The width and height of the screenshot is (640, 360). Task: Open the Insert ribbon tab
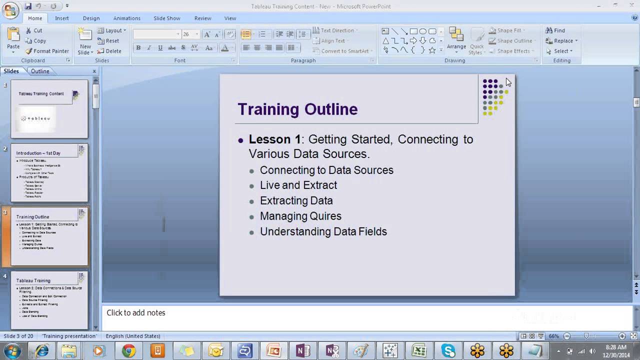coord(62,18)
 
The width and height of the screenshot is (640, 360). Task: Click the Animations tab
coord(126,18)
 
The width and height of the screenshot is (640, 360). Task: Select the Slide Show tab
coord(166,18)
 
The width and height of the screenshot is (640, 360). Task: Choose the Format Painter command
coord(47,51)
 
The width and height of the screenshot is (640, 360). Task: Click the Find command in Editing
coord(555,30)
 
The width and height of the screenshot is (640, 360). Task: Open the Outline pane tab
coord(40,71)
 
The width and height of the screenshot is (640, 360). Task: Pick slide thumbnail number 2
coord(49,173)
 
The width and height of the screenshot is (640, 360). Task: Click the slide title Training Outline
coord(297,109)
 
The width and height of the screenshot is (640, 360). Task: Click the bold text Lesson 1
coord(274,139)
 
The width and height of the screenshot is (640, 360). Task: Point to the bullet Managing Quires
coord(300,216)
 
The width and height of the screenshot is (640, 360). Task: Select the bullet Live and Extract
coord(298,185)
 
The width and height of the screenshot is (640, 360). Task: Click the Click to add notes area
coord(136,312)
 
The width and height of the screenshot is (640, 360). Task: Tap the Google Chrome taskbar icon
coord(128,351)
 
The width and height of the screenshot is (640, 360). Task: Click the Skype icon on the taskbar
coord(448,351)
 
